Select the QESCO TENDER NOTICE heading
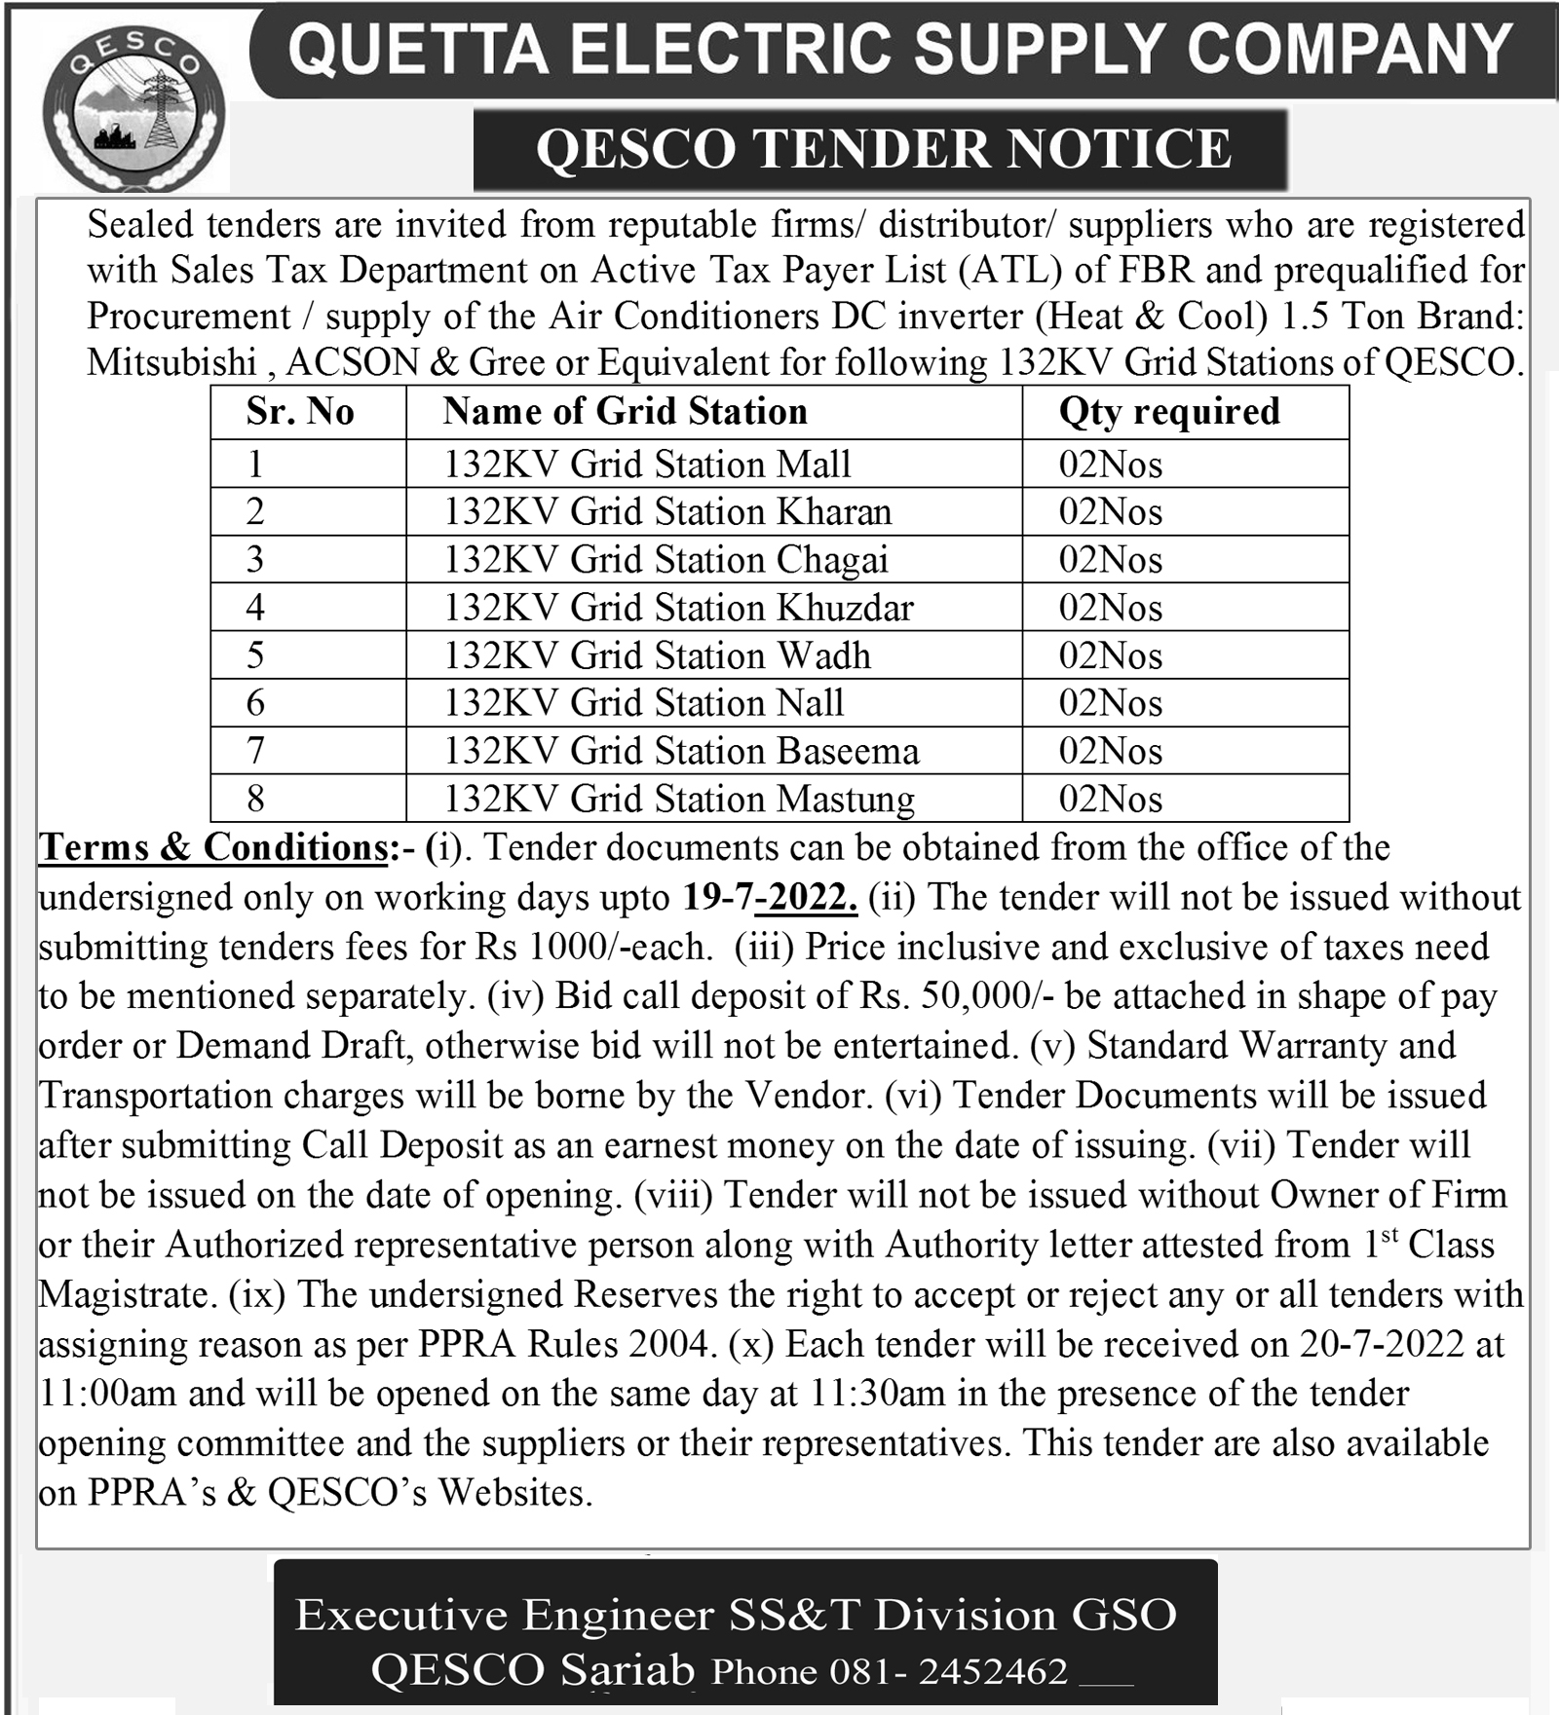click(883, 149)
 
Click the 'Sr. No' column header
click(300, 412)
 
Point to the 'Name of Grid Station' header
click(625, 412)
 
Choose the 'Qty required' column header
click(1169, 412)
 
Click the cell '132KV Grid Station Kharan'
click(667, 512)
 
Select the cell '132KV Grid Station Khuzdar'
click(678, 608)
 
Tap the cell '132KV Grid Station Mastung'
click(679, 800)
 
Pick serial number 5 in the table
click(255, 655)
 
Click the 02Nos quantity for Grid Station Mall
click(1111, 465)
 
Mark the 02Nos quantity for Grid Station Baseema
click(1111, 752)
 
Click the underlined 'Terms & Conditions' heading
click(214, 847)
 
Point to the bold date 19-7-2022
click(770, 897)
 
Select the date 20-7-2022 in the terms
click(1382, 1344)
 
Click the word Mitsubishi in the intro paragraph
click(171, 362)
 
